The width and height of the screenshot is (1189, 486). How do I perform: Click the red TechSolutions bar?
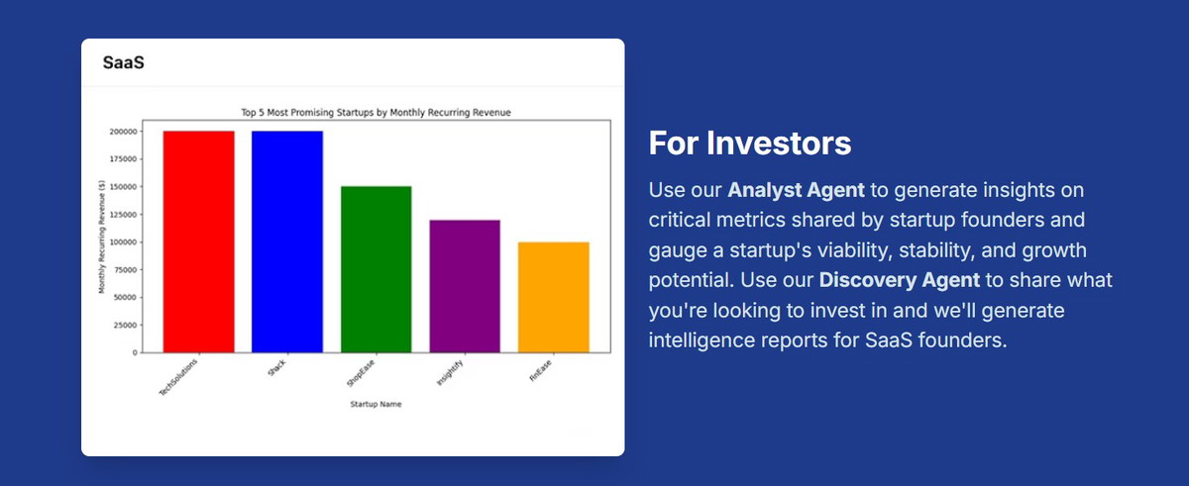point(198,242)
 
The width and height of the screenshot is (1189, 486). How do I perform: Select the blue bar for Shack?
point(287,242)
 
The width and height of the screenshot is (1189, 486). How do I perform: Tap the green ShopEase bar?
point(376,269)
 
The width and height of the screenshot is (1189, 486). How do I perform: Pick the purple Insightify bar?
point(465,286)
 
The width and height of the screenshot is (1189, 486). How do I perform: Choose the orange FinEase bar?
point(554,297)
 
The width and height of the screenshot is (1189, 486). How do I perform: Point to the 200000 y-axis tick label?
point(123,132)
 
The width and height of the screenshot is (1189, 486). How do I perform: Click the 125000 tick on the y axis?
point(123,215)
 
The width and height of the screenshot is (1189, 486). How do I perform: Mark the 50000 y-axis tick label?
point(125,297)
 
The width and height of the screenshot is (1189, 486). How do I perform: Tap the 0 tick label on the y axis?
point(135,352)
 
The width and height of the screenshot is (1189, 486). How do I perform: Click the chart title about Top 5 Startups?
point(376,113)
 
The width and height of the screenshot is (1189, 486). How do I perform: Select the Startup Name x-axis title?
point(376,404)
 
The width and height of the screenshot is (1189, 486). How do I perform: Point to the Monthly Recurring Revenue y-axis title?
point(102,237)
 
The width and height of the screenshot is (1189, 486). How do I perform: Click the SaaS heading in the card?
point(123,62)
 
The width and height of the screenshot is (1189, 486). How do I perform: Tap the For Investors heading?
point(749,144)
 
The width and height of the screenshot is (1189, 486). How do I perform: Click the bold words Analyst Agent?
point(796,190)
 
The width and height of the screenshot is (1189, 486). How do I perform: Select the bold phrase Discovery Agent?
point(900,280)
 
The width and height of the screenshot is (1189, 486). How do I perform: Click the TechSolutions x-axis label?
point(178,377)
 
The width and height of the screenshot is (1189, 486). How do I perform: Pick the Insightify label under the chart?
point(450,372)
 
